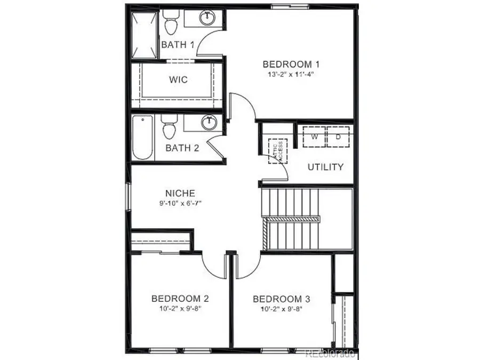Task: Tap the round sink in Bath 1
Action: [x=207, y=18]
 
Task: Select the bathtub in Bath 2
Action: [x=143, y=137]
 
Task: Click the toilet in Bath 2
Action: [x=170, y=129]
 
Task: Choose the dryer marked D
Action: [x=338, y=137]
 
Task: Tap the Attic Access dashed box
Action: [x=277, y=151]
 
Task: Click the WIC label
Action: [x=178, y=80]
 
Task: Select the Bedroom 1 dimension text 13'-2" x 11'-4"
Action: [x=287, y=75]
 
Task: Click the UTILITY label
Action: [x=325, y=167]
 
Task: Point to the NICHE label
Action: [x=180, y=193]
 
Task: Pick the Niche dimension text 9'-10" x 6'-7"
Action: [x=180, y=203]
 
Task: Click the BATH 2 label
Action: [x=182, y=148]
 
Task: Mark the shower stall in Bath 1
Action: [x=145, y=35]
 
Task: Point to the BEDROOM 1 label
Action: [x=287, y=65]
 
